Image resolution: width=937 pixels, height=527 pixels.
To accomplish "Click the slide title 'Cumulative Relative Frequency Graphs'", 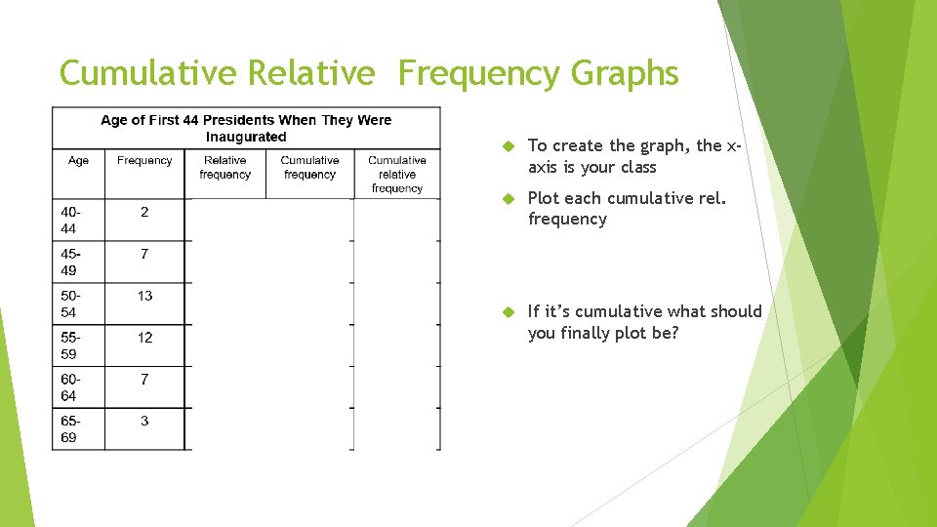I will (369, 73).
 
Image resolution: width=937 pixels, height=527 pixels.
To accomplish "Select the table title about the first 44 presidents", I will (246, 128).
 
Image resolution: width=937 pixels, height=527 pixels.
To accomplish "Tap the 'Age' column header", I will (78, 161).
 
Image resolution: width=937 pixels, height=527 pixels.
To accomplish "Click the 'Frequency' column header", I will (144, 161).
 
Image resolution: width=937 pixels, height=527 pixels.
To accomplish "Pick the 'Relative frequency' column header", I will (225, 168).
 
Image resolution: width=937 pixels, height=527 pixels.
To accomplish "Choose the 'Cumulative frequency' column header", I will (309, 168).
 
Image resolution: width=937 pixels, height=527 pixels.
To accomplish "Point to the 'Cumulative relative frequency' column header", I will (397, 174).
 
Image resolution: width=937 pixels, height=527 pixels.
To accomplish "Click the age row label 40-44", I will (69, 220).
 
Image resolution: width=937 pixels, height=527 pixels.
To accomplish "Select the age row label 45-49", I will (69, 262).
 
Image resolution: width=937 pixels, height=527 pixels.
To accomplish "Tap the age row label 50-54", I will (69, 304).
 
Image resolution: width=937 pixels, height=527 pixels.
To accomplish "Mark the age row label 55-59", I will (69, 345).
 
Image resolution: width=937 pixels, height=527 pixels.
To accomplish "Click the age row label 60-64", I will (69, 387).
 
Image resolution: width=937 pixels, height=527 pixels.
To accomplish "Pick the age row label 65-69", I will (69, 429).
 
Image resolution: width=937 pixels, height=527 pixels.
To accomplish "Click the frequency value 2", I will (144, 212).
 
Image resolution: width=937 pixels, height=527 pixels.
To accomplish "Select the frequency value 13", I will (144, 296).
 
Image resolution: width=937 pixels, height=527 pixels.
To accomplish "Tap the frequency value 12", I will (144, 338).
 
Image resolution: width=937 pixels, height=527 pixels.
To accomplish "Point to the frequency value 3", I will (144, 421).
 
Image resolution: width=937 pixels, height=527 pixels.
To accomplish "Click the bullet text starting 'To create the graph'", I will (634, 156).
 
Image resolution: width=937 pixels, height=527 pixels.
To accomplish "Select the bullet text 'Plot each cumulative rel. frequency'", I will (625, 209).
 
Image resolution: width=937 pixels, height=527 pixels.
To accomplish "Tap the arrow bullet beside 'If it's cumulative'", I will (508, 312).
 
